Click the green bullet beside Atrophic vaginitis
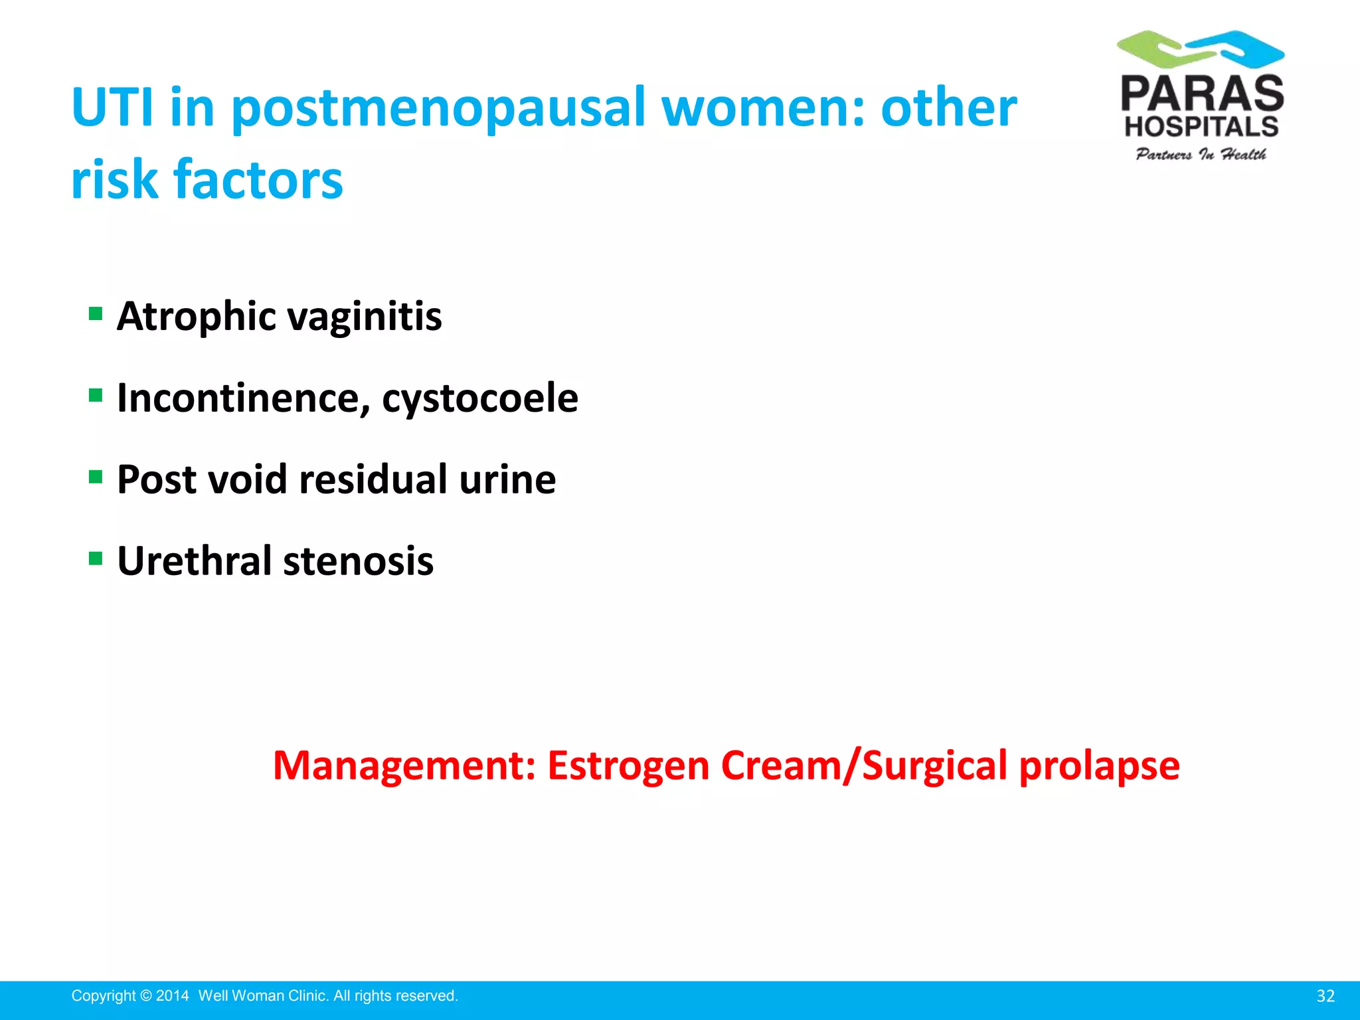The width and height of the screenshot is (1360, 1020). [x=96, y=313]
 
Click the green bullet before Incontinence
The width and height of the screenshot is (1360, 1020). [x=96, y=395]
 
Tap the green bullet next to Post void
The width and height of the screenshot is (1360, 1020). [x=96, y=477]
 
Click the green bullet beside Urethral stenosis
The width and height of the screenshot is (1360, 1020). [x=96, y=558]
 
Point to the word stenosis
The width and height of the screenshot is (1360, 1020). [x=359, y=561]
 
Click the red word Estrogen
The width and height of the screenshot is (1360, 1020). [x=628, y=766]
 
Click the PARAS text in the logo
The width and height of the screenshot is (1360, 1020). [x=1202, y=94]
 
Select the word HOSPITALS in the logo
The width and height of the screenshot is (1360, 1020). [x=1201, y=126]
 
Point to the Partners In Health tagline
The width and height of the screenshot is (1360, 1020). [x=1201, y=155]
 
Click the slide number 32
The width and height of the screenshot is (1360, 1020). [x=1325, y=996]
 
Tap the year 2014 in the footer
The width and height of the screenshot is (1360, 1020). [x=173, y=996]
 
